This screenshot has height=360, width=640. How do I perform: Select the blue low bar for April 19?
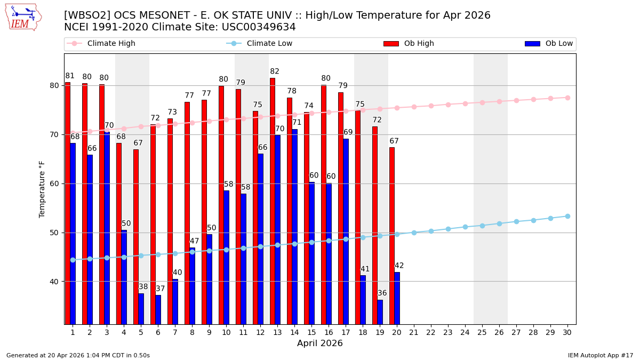pyautogui.click(x=380, y=312)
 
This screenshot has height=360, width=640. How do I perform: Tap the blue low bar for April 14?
pyautogui.click(x=294, y=227)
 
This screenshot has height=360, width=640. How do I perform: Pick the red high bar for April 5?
pyautogui.click(x=136, y=237)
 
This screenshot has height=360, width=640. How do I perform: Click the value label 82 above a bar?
pyautogui.click(x=275, y=71)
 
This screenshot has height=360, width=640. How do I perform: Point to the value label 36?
pyautogui.click(x=382, y=293)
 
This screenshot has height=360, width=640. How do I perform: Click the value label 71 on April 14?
pyautogui.click(x=297, y=123)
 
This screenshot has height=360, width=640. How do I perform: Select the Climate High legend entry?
pyautogui.click(x=111, y=44)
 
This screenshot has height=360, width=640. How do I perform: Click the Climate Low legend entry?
pyautogui.click(x=269, y=44)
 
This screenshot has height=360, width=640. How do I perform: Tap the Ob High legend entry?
pyautogui.click(x=419, y=44)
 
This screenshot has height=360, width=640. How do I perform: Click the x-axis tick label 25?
pyautogui.click(x=482, y=332)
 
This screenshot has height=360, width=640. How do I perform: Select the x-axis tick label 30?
pyautogui.click(x=567, y=332)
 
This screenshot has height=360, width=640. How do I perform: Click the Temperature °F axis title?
pyautogui.click(x=42, y=189)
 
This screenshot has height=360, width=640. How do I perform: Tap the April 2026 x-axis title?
pyautogui.click(x=320, y=343)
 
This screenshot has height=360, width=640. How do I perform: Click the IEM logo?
pyautogui.click(x=23, y=17)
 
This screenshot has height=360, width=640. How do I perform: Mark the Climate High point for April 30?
pyautogui.click(x=567, y=98)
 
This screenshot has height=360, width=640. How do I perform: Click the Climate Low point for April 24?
pyautogui.click(x=465, y=227)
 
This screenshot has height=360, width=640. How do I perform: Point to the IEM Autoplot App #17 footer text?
pyautogui.click(x=601, y=355)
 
